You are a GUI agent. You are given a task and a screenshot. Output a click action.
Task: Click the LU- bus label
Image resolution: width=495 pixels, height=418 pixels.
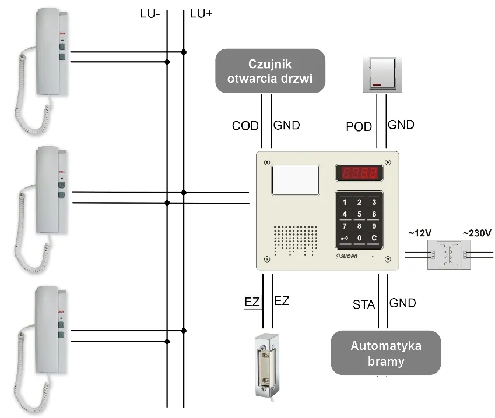click(x=150, y=13)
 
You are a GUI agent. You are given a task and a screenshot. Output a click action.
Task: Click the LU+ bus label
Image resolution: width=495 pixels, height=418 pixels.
click(x=201, y=13)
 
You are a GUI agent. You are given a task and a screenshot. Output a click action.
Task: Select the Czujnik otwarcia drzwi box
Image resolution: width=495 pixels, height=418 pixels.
click(x=270, y=71)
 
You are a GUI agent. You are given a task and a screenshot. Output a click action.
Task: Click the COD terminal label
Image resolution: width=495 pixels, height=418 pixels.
click(x=245, y=126)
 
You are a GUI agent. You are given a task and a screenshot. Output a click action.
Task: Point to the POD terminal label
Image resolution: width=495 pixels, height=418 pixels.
click(x=359, y=126)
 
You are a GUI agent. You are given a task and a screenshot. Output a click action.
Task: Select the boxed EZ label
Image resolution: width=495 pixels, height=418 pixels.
click(x=252, y=302)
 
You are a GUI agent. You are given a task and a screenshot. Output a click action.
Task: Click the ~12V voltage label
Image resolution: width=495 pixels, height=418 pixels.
click(x=419, y=233)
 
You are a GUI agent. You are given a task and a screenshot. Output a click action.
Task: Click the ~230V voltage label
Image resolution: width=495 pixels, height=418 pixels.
click(x=477, y=233)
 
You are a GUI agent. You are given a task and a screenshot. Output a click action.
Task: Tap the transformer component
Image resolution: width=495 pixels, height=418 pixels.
click(x=448, y=255)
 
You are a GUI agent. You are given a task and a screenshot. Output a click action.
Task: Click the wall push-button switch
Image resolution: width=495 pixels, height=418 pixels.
click(x=382, y=73)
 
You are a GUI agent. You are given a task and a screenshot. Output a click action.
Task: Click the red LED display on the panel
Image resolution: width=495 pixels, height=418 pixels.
click(x=359, y=173)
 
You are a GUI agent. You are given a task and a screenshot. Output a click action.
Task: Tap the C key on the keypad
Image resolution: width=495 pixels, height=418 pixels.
click(x=374, y=238)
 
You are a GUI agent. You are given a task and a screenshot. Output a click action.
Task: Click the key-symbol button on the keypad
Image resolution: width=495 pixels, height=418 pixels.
click(x=345, y=238)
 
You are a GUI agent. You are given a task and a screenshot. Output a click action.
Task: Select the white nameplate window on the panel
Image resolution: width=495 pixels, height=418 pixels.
click(x=296, y=179)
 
